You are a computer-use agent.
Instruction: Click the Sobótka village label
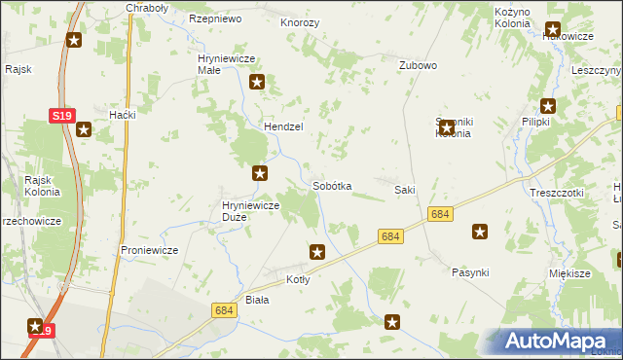332,185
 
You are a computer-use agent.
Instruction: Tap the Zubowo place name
418,65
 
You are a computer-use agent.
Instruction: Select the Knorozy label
300,21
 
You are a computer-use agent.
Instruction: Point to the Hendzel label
284,126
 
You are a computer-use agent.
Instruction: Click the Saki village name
405,189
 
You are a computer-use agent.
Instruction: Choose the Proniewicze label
149,250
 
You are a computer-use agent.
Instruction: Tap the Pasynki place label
470,272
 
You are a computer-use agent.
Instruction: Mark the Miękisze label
570,273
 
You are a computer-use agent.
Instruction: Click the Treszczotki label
557,193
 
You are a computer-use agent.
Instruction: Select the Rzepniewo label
215,18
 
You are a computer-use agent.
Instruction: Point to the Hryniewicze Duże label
251,211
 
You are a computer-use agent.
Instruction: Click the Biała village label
257,300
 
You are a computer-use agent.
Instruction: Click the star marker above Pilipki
549,106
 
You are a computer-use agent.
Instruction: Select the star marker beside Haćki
85,127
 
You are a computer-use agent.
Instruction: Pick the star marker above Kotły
317,253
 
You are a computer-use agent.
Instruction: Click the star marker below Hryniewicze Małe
258,84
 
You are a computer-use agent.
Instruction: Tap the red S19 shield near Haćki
61,116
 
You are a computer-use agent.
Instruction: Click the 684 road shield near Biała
223,309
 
